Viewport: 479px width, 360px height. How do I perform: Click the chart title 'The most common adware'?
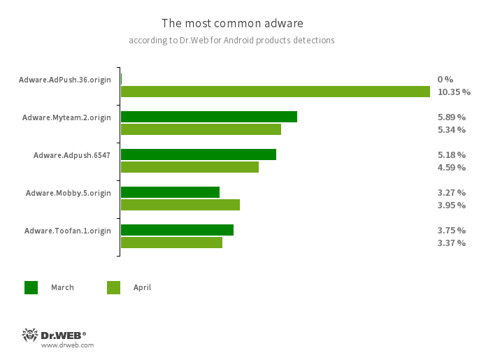[232, 23]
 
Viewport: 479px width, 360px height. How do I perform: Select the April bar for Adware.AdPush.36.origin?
[275, 92]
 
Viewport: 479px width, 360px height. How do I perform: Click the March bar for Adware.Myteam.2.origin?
[208, 117]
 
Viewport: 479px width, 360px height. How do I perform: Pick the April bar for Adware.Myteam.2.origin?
[201, 129]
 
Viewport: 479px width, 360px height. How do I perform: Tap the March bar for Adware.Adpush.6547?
[198, 154]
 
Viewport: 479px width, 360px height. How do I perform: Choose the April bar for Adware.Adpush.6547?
[190, 167]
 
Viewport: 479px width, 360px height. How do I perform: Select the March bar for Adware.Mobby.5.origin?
[170, 192]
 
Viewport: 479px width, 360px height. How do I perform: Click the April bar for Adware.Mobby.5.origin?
[180, 205]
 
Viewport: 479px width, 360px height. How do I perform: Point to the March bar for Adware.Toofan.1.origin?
[177, 230]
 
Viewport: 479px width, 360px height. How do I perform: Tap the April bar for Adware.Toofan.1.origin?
[171, 243]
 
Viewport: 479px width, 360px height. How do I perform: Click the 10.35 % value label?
[454, 92]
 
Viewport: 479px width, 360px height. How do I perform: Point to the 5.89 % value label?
[451, 117]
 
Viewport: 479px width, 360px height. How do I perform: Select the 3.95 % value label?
[451, 205]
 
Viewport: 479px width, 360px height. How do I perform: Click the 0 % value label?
[445, 79]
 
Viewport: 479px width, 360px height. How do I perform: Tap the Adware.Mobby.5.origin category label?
[68, 193]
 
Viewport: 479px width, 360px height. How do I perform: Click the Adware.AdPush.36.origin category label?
[64, 80]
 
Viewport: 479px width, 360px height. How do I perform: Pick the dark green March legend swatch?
[31, 287]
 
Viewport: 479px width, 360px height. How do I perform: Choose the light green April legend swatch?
[113, 287]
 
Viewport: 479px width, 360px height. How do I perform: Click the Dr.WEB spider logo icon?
[30, 335]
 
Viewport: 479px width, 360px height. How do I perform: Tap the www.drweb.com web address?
[67, 345]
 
